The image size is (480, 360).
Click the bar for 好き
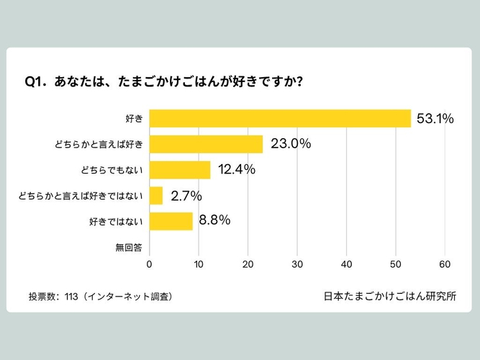tap(280, 118)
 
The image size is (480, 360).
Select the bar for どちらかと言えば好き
tap(206, 144)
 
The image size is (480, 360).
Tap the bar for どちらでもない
tap(180, 170)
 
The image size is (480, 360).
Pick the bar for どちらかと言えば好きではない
tap(156, 195)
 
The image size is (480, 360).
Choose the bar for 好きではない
tap(171, 221)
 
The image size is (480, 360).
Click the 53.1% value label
tap(435, 119)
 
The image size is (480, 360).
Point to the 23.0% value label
tap(291, 144)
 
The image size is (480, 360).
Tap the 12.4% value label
tap(237, 170)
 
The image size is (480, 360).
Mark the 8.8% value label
tap(214, 220)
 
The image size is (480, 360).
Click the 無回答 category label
tap(129, 247)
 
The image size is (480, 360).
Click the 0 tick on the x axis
tap(149, 264)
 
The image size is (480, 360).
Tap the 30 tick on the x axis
tap(297, 264)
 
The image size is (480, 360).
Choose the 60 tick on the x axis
tap(445, 264)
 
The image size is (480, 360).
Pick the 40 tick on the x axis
tap(347, 264)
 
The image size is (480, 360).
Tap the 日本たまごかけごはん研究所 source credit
tap(390, 296)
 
